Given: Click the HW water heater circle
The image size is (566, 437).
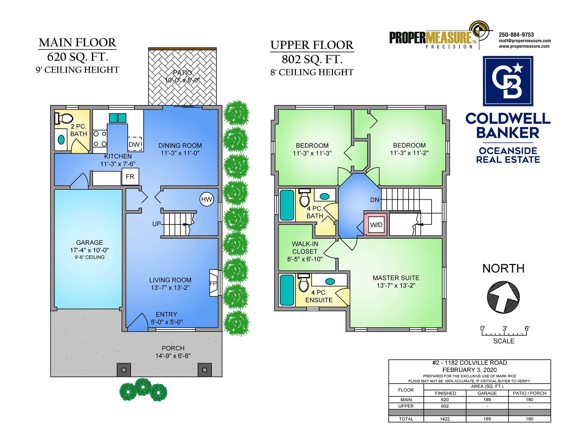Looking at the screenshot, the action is point(207,199).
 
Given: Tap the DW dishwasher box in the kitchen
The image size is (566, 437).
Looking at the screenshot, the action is point(134,144).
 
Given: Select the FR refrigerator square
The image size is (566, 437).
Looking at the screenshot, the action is point(130,176).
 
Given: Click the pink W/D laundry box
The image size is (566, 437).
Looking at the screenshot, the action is point(376,225).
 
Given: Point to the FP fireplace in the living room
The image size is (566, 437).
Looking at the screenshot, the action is point(213,283).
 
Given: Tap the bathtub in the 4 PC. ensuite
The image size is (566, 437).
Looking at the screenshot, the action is point(287,290).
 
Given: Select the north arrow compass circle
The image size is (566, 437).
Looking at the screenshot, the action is point(503,297).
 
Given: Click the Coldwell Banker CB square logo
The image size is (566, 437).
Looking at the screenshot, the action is point(508,81).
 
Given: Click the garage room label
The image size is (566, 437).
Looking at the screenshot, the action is point(89,242).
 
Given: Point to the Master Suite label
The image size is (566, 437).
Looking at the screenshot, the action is point(396,278).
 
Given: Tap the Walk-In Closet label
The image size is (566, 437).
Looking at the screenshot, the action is point(305,247).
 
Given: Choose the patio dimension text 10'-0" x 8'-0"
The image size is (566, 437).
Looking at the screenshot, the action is point(182,80).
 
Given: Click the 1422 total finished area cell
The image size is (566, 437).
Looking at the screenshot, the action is point(445,419).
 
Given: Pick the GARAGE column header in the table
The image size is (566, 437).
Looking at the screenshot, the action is point(487,393).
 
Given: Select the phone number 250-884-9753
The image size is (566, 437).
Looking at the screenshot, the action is point(516,35).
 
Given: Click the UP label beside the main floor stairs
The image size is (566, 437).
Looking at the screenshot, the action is point(157,224).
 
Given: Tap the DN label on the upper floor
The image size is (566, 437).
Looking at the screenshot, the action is point(375,200).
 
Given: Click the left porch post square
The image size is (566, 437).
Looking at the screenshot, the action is point(124,369).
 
